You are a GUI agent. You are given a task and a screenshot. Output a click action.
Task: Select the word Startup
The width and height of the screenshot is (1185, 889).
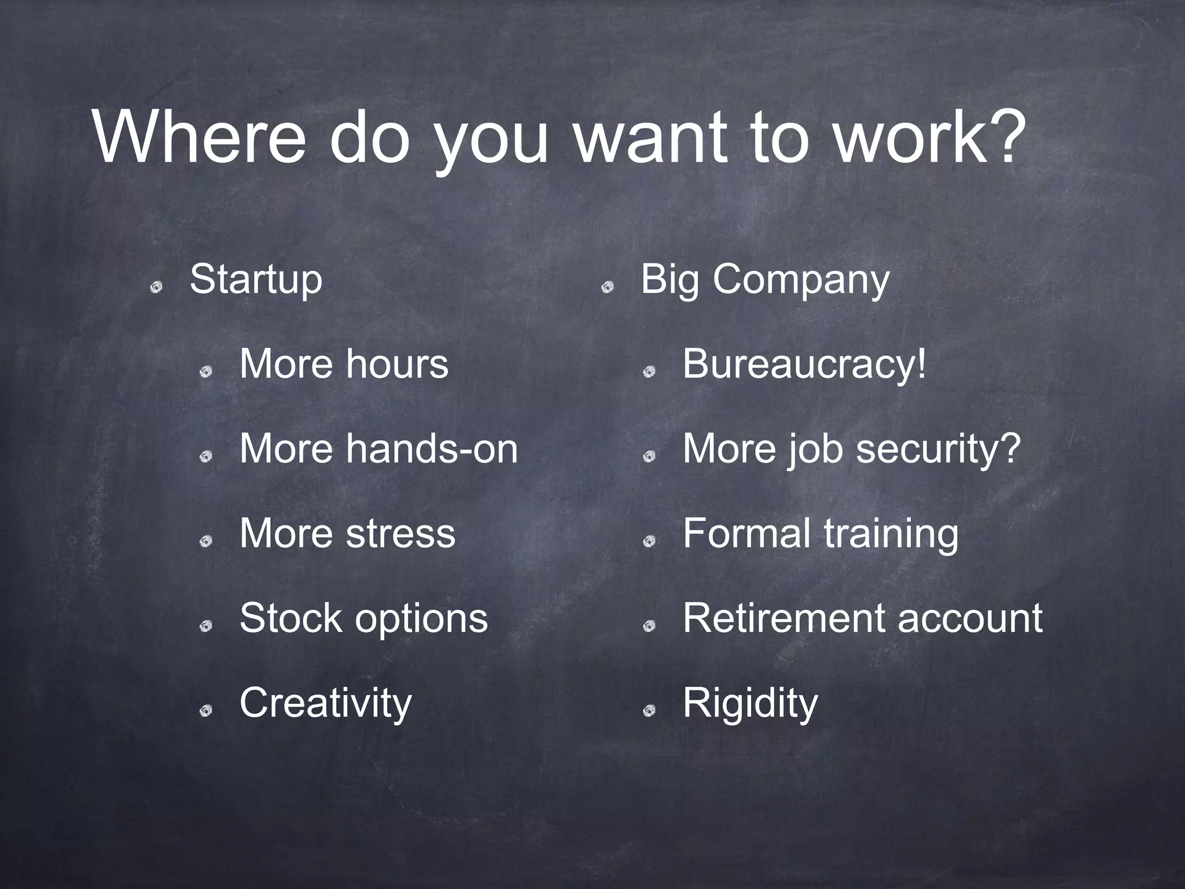(256, 280)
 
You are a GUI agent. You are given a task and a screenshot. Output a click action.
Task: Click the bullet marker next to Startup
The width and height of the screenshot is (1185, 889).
(156, 287)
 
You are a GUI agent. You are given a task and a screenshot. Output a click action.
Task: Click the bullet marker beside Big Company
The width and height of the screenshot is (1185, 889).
(606, 287)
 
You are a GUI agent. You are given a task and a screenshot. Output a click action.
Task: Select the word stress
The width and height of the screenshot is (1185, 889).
(400, 534)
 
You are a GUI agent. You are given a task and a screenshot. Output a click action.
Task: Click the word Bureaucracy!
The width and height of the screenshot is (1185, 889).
(804, 365)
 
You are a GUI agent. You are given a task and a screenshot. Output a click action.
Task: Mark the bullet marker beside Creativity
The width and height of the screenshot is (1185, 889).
(205, 711)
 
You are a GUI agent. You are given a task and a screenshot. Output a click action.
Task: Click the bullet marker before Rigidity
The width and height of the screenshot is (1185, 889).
(649, 711)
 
